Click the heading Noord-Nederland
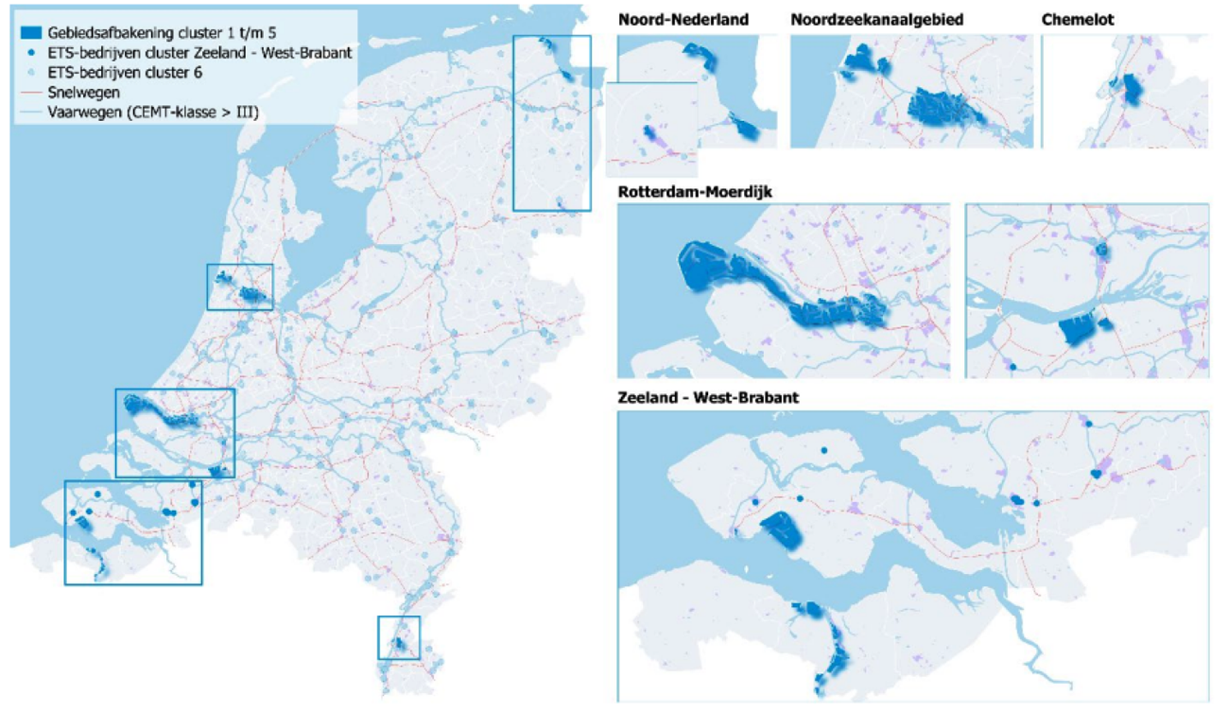pyautogui.click(x=683, y=20)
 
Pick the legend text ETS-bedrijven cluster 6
pyautogui.click(x=124, y=73)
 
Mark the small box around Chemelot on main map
pyautogui.click(x=398, y=637)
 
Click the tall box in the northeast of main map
pyautogui.click(x=551, y=123)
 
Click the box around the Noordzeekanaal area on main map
pyautogui.click(x=239, y=287)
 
